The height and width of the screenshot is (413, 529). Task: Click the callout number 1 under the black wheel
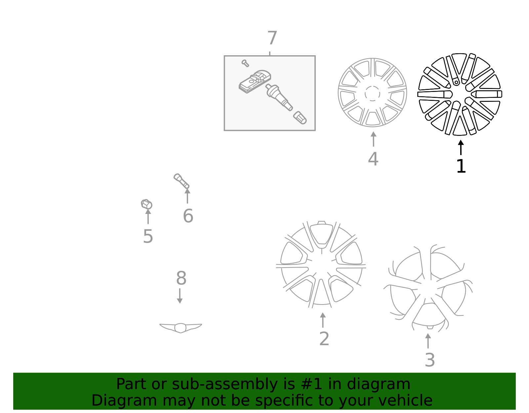(461, 166)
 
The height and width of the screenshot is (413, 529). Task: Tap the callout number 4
(373, 159)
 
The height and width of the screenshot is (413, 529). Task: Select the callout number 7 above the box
(272, 38)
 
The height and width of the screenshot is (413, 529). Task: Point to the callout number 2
(324, 339)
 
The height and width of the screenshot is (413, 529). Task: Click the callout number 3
(429, 360)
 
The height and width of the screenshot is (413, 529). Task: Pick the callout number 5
(148, 236)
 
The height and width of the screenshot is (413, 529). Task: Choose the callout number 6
(188, 216)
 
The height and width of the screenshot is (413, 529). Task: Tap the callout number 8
(181, 278)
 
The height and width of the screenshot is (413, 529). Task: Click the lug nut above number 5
(146, 204)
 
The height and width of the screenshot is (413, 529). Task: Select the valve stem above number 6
(181, 181)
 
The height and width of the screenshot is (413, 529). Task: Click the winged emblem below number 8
(181, 327)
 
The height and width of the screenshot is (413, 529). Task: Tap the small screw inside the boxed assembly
(245, 63)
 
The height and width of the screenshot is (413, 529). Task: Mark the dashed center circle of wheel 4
(372, 93)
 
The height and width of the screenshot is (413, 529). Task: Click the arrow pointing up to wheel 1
(461, 147)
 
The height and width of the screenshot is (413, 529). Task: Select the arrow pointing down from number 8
(180, 296)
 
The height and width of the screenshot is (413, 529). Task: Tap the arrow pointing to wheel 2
(323, 320)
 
